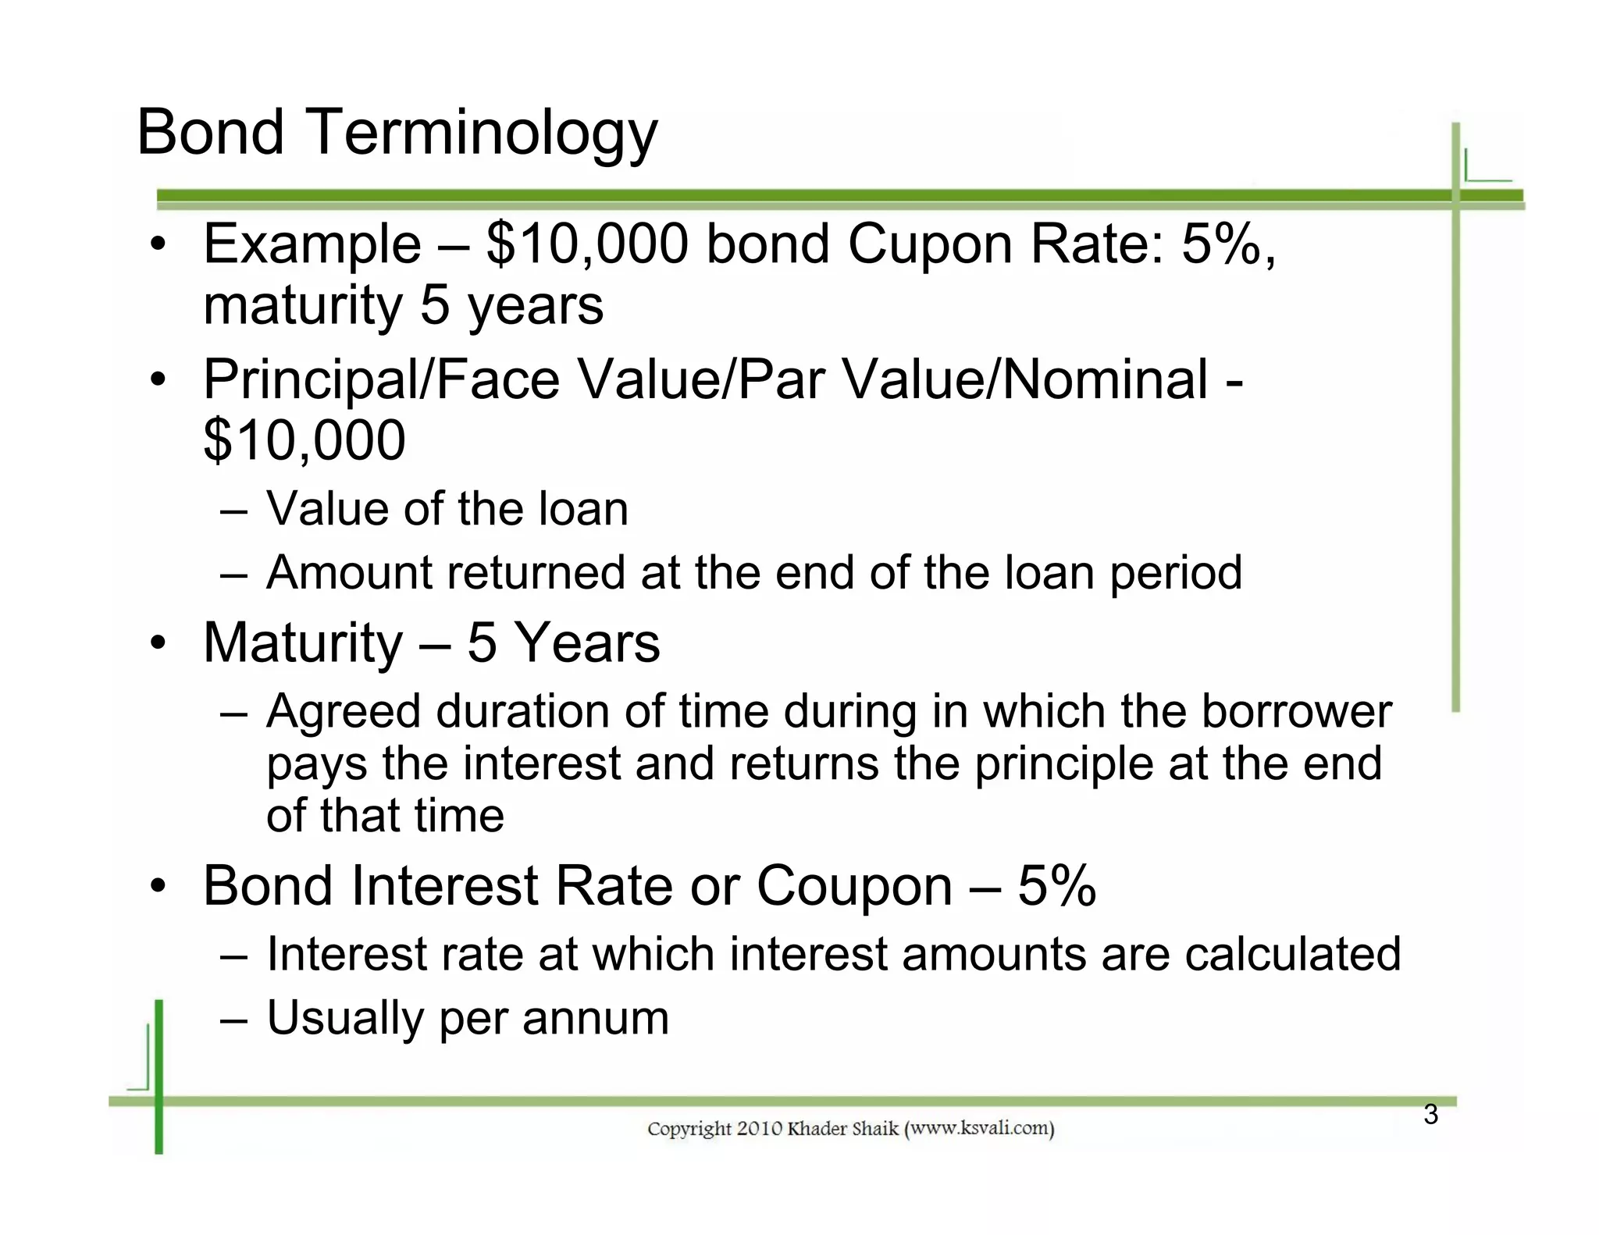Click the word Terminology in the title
484,133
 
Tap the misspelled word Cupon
929,245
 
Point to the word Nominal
1105,380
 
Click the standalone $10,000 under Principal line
304,440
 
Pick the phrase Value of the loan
447,509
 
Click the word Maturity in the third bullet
303,644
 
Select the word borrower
1296,712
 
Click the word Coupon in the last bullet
854,887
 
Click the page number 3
1430,1115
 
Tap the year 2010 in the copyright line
759,1129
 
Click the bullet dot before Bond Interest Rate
158,887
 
